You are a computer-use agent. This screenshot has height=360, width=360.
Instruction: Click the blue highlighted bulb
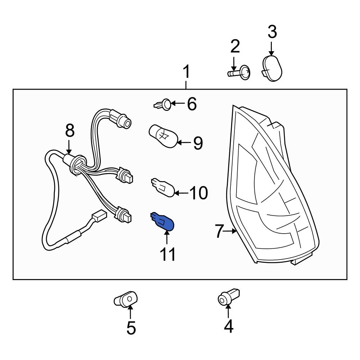click(x=163, y=221)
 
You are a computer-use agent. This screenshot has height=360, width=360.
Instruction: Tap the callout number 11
click(x=168, y=254)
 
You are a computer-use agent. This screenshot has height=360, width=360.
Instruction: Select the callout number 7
click(x=220, y=231)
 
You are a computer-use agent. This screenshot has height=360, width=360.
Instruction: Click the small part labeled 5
click(x=126, y=299)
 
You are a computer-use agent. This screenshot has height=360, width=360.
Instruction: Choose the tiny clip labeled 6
click(x=163, y=105)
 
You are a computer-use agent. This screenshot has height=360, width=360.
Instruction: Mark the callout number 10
click(x=198, y=193)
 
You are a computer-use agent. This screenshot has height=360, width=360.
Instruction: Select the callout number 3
click(x=272, y=32)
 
